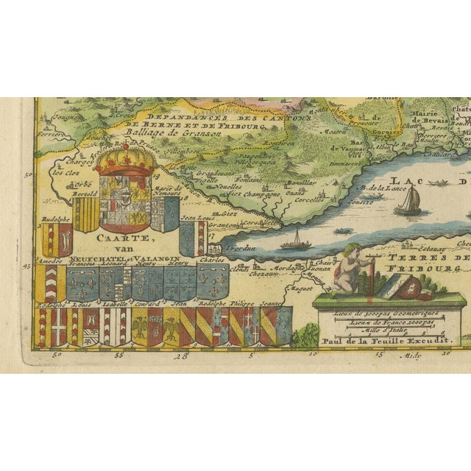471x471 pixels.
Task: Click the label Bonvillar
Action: pyautogui.click(x=301, y=182)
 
